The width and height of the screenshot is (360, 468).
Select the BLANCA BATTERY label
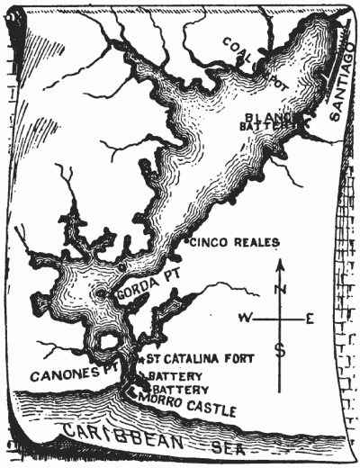[x=268, y=121]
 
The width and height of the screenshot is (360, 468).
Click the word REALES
[x=256, y=242]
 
